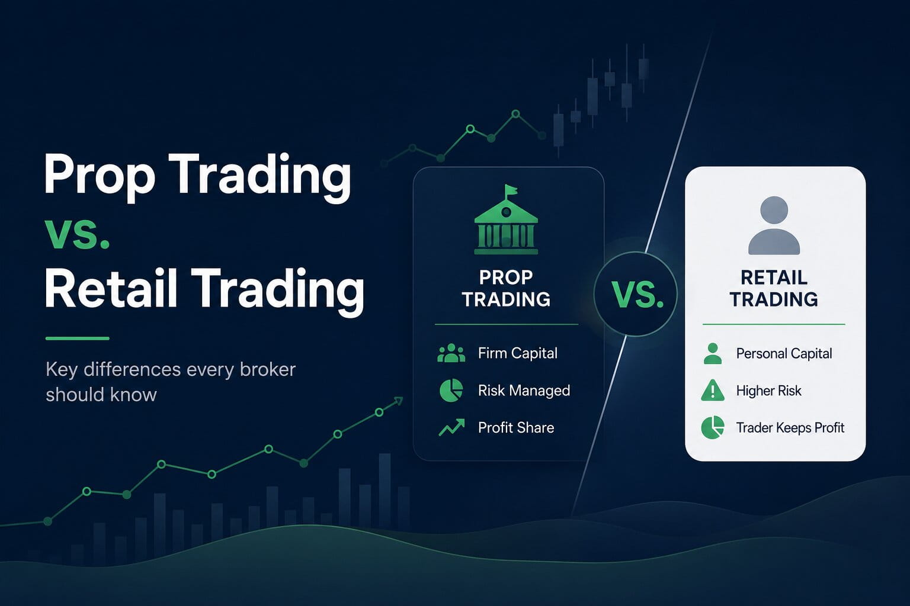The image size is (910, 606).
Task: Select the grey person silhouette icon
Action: click(774, 225)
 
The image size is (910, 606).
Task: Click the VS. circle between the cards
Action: click(635, 294)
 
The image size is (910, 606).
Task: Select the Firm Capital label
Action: click(518, 353)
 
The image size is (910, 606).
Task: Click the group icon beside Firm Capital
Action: click(451, 353)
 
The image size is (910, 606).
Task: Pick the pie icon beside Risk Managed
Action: click(451, 391)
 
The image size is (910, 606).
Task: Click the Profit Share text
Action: click(516, 428)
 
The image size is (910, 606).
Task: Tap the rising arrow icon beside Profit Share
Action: click(452, 427)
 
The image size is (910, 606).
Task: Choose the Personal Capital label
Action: click(784, 354)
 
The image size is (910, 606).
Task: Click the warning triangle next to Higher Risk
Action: click(713, 391)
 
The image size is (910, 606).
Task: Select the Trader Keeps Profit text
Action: click(790, 428)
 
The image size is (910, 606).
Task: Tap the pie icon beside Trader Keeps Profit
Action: click(713, 427)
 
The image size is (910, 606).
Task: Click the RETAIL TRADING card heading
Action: click(774, 289)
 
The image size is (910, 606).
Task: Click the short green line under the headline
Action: click(77, 338)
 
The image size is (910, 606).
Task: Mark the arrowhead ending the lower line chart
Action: click(399, 401)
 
